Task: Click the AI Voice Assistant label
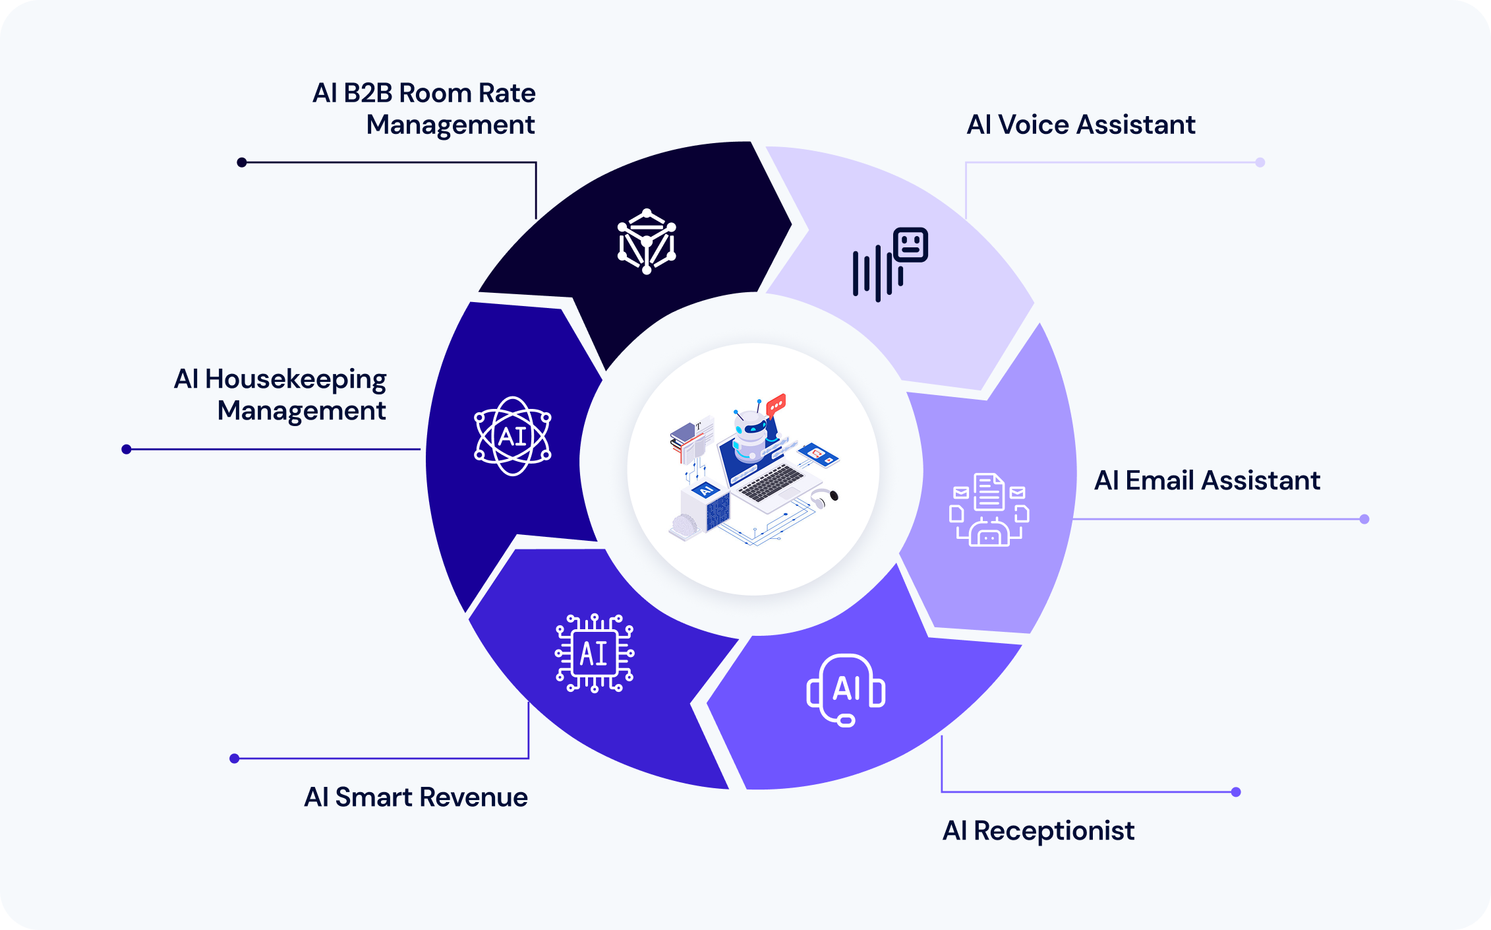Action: click(x=1080, y=125)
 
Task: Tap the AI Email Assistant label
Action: click(x=1207, y=480)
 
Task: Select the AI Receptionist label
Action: click(x=1038, y=830)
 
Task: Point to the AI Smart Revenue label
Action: click(x=415, y=797)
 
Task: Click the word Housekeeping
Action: click(x=295, y=380)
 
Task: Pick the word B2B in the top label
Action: click(x=368, y=93)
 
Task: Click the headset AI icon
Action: click(x=846, y=690)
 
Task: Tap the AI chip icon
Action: click(x=595, y=653)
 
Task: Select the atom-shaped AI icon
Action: click(x=513, y=436)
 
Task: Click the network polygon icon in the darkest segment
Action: click(x=647, y=241)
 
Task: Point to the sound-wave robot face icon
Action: click(x=890, y=264)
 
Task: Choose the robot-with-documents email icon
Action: click(x=989, y=510)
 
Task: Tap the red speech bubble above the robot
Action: click(x=776, y=402)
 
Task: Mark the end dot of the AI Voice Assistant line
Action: click(x=1260, y=162)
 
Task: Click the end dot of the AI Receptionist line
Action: click(x=1236, y=792)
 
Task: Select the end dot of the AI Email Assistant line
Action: click(x=1364, y=519)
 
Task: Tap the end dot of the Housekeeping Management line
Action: click(x=127, y=449)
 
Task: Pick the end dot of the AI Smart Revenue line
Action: click(x=234, y=759)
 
